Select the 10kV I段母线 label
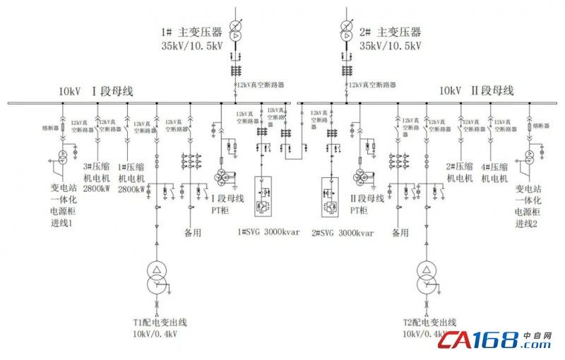point(95,92)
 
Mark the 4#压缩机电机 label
point(494,172)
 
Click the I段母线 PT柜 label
point(228,204)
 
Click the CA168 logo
point(499,342)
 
